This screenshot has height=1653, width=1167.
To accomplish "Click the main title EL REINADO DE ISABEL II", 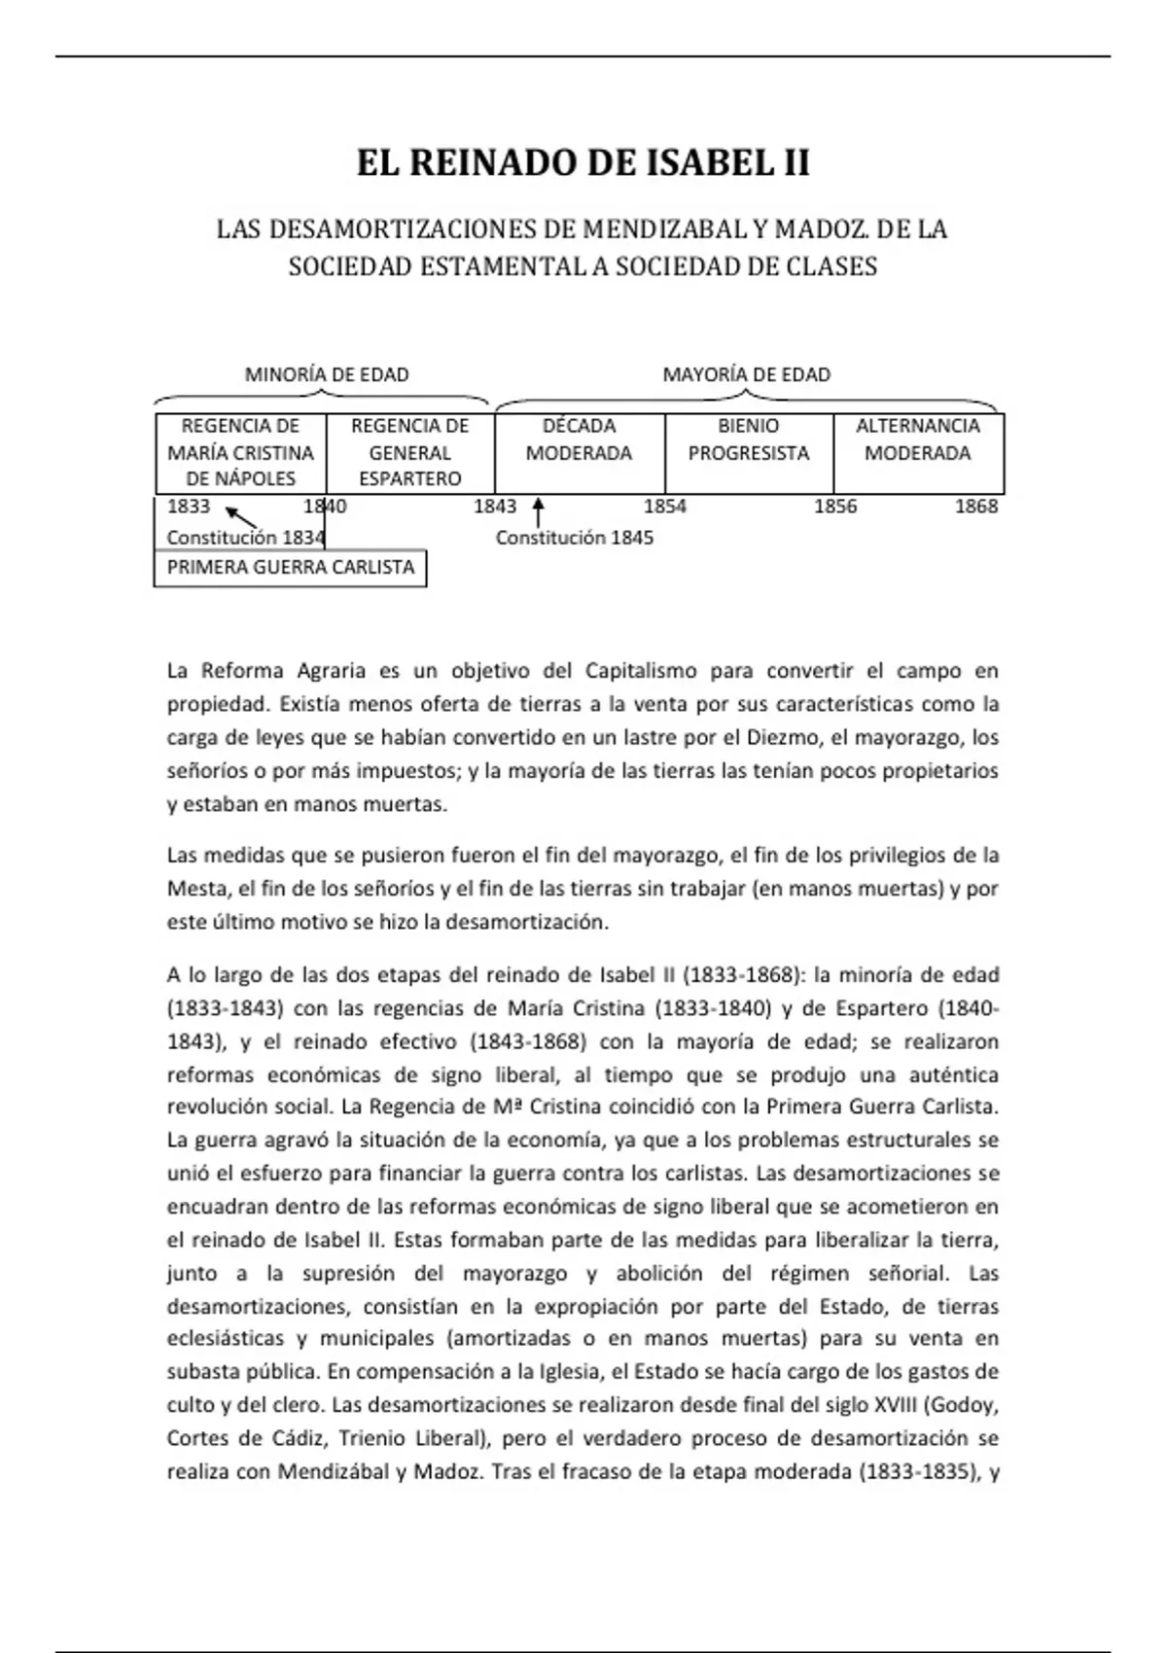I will pos(583,163).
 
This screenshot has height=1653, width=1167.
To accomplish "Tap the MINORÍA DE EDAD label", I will pos(326,374).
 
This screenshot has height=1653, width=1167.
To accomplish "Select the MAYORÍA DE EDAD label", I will pos(746,374).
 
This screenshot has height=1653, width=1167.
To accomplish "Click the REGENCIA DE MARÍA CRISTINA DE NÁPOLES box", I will pos(240,453).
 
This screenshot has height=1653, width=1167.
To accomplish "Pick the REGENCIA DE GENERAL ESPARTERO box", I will pos(409,453).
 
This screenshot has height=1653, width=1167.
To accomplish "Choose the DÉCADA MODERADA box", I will pos(579,453).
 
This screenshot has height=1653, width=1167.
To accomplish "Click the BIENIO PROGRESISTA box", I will pos(749,453).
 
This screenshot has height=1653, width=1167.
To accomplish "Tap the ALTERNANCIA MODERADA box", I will pos(918,453).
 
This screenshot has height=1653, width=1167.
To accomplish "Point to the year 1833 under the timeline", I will pos(189,507).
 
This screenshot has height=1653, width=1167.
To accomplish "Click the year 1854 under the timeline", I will pos(665,507).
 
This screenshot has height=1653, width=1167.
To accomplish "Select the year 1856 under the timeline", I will pos(835,507).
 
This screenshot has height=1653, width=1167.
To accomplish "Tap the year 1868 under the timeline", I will pos(976,507).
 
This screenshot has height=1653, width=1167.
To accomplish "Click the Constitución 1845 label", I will pos(575,538).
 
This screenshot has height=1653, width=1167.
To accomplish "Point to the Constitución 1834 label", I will pos(245,538).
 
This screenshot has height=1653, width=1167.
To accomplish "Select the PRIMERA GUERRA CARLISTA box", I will pos(290,568).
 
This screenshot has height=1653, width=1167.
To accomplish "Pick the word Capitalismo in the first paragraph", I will pos(641,671).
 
